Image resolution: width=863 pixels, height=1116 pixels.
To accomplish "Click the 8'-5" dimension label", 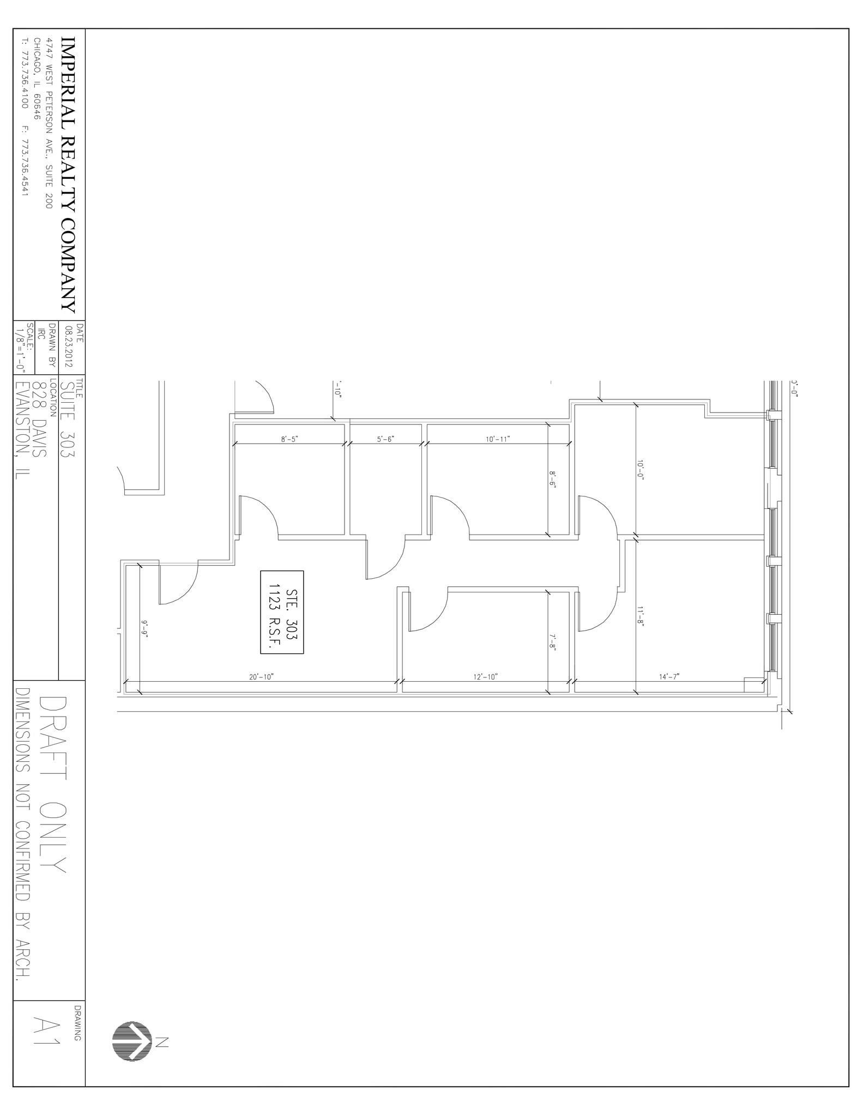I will tap(289, 439).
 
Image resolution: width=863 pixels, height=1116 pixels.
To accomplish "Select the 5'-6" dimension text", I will tap(385, 439).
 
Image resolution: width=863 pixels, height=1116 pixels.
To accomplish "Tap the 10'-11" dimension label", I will tap(498, 439).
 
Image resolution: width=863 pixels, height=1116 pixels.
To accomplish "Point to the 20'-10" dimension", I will tap(261, 677).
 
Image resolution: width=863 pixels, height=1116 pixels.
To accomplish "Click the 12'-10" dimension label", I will tap(485, 677).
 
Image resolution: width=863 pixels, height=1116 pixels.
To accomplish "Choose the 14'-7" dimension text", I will tap(669, 677).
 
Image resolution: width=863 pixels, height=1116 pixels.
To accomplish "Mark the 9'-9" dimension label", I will tap(145, 629).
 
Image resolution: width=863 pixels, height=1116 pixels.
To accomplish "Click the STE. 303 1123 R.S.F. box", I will tap(282, 612).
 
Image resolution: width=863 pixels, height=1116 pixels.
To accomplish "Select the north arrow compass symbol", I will tap(132, 1041).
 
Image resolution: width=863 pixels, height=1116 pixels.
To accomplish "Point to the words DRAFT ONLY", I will tap(53, 785).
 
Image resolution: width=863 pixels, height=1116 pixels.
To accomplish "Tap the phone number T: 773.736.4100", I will tap(24, 73).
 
